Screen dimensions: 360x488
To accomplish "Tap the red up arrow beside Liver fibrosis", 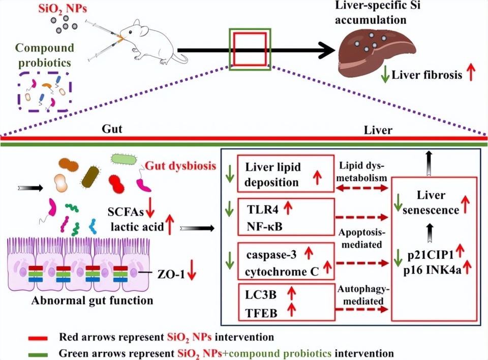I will pyautogui.click(x=471, y=74).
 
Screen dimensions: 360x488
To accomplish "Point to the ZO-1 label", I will pyautogui.click(x=169, y=274).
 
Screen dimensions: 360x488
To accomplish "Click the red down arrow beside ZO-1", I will pyautogui.click(x=192, y=274).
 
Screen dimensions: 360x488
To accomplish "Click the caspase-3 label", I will pyautogui.click(x=271, y=253).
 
